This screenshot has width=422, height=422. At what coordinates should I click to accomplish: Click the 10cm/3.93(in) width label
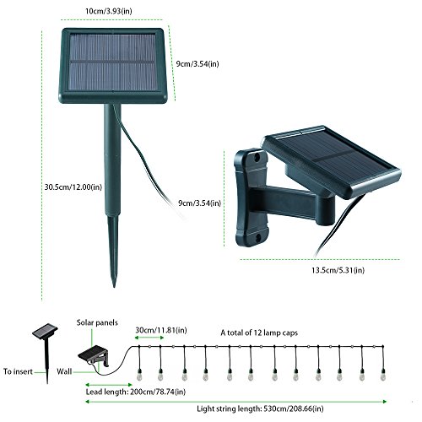pyautogui.click(x=109, y=11)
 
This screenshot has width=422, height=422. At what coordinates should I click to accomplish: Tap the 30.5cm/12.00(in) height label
pyautogui.click(x=73, y=187)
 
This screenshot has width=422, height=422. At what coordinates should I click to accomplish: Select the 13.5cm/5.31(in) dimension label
pyautogui.click(x=338, y=270)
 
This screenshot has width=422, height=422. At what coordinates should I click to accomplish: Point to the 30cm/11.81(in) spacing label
pyautogui.click(x=161, y=330)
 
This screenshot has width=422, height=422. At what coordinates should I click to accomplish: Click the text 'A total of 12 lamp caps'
pyautogui.click(x=259, y=333)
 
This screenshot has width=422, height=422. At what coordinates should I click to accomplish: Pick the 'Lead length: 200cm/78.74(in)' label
pyautogui.click(x=136, y=392)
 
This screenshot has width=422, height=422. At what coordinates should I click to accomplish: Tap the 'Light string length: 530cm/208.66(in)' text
pyautogui.click(x=260, y=408)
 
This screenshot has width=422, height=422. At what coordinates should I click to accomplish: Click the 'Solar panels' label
pyautogui.click(x=97, y=322)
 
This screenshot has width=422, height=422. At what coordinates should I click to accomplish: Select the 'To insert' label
pyautogui.click(x=18, y=371)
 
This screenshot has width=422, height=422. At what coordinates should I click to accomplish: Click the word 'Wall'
pyautogui.click(x=64, y=371)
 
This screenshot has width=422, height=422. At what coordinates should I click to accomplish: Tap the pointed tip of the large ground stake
pyautogui.click(x=114, y=286)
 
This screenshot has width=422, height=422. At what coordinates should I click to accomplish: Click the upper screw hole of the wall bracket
pyautogui.click(x=257, y=158)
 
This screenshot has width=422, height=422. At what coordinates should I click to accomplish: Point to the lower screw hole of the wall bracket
pyautogui.click(x=258, y=239)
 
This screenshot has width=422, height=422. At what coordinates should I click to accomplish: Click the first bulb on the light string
pyautogui.click(x=138, y=375)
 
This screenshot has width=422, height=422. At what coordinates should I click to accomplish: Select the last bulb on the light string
pyautogui.click(x=382, y=375)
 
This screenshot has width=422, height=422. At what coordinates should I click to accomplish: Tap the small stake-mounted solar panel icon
pyautogui.click(x=46, y=332)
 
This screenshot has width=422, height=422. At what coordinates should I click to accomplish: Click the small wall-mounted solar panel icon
pyautogui.click(x=93, y=355)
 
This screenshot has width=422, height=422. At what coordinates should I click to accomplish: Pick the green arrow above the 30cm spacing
pyautogui.click(x=149, y=338)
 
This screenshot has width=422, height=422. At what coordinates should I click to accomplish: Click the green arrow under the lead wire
pyautogui.click(x=109, y=385)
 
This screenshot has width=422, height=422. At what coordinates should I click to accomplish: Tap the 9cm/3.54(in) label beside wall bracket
pyautogui.click(x=199, y=203)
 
